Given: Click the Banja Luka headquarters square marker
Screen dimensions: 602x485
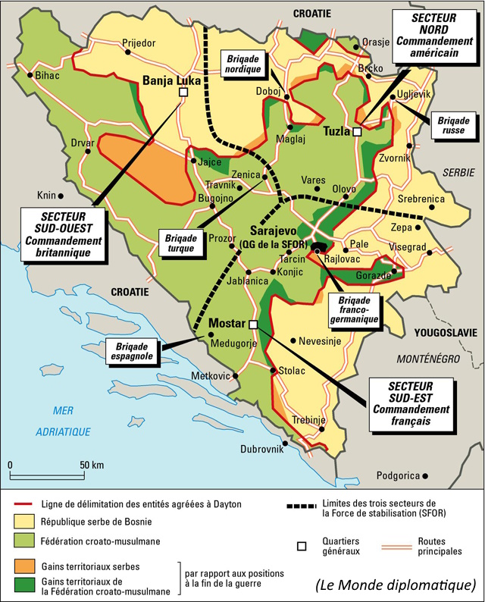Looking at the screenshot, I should [182, 92].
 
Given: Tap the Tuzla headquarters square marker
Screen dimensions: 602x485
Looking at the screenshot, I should [357, 131].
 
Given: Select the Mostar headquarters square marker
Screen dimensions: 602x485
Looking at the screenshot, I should [253, 325].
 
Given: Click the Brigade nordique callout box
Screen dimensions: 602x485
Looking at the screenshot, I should [241, 62].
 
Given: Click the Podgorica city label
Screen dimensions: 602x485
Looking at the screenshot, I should [397, 475].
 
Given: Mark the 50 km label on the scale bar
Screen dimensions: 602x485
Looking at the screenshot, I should [92, 464].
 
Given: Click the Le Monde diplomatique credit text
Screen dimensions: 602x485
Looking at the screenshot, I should [396, 584].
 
